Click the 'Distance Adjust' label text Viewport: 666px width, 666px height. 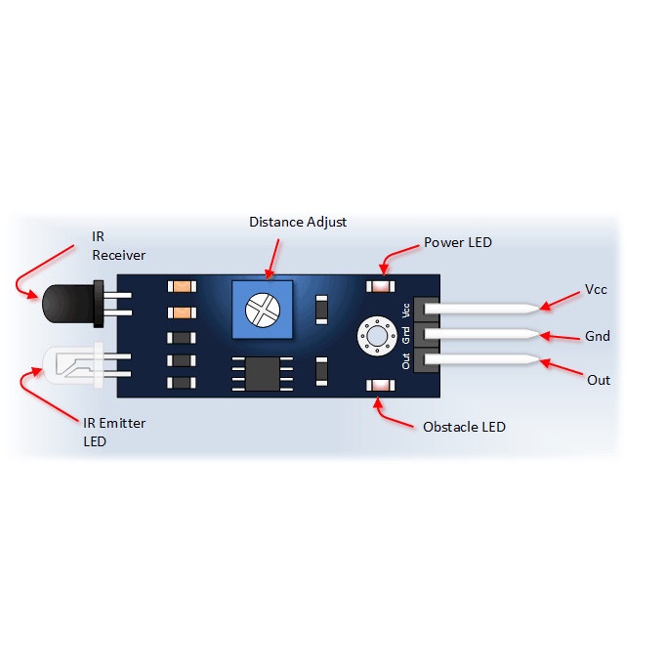pos(298,222)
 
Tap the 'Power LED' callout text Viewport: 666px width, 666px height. pos(458,242)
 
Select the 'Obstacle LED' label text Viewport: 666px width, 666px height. pos(464,427)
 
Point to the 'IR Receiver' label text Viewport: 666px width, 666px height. pos(118,245)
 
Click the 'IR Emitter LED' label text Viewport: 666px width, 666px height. pos(114,432)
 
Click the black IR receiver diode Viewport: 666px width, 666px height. pos(72,304)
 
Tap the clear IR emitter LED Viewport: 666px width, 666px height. pos(73,365)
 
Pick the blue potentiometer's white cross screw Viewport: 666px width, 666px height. pos(263,311)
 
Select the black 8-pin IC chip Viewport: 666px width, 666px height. pos(262,373)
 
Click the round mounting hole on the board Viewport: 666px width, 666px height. pos(377,336)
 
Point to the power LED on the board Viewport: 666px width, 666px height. pos(381,286)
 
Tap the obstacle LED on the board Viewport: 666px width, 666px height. pos(381,385)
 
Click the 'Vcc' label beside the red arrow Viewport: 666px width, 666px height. pos(596,290)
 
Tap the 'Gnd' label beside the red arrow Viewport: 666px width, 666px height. pos(598,336)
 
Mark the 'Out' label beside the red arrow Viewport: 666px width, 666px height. pos(599,380)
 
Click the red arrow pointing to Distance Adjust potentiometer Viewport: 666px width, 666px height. pos(271,259)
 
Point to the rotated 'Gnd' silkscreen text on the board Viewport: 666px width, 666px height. pos(406,335)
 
